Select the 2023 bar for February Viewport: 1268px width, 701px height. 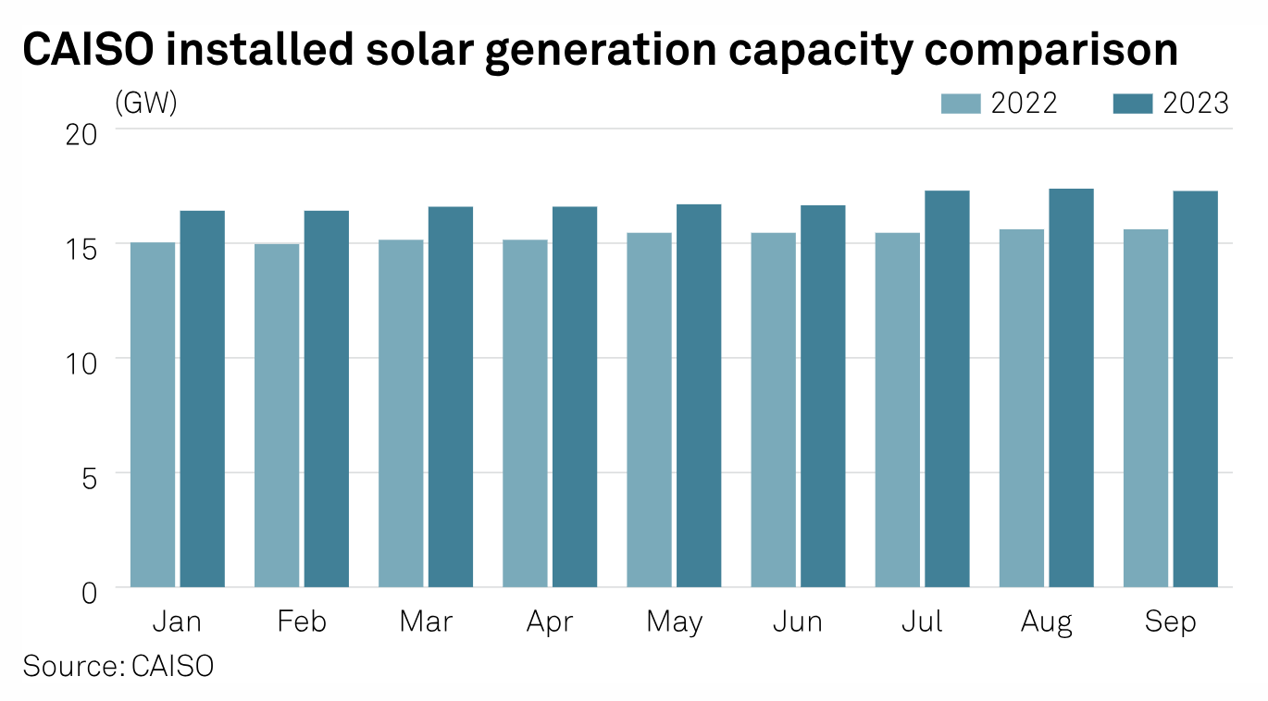click(327, 399)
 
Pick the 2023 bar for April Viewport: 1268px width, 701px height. click(575, 397)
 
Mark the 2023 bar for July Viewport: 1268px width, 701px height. click(947, 388)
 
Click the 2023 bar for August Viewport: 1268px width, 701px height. click(1071, 387)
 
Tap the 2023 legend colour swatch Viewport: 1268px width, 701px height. click(1132, 103)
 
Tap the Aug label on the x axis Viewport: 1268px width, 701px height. click(1047, 622)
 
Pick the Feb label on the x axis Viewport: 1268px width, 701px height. click(302, 621)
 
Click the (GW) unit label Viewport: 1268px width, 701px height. click(145, 103)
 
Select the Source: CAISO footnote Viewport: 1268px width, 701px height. click(118, 666)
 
